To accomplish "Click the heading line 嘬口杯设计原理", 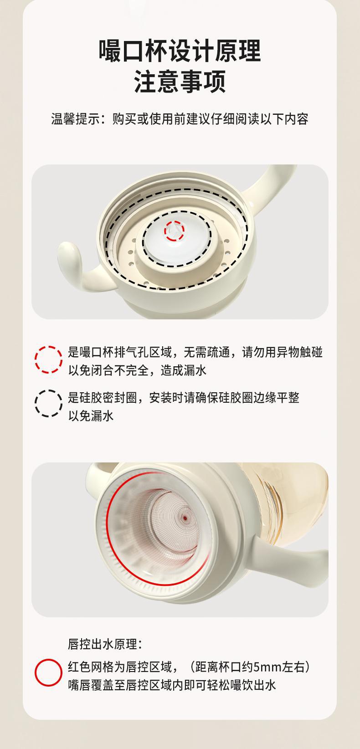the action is coord(180,51).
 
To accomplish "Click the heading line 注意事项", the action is coord(180,81).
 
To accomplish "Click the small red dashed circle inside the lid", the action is coord(174,231).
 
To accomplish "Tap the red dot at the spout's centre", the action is coord(185,518).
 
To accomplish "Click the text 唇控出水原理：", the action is coord(105,644).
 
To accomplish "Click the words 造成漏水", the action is coord(184,370).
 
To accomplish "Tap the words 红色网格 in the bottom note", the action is coord(91,667).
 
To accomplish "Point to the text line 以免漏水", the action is coord(91,416).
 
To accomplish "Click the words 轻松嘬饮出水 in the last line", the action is coord(242,685).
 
